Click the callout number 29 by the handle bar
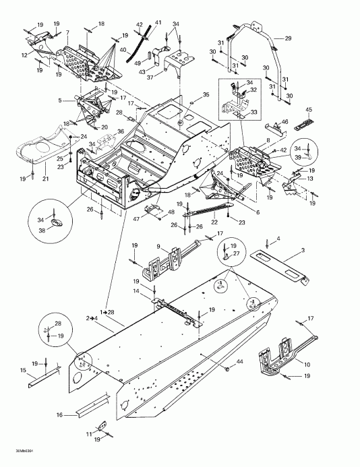point(288,38)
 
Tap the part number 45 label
point(309,110)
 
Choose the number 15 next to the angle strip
point(23,371)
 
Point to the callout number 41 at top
point(158,23)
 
